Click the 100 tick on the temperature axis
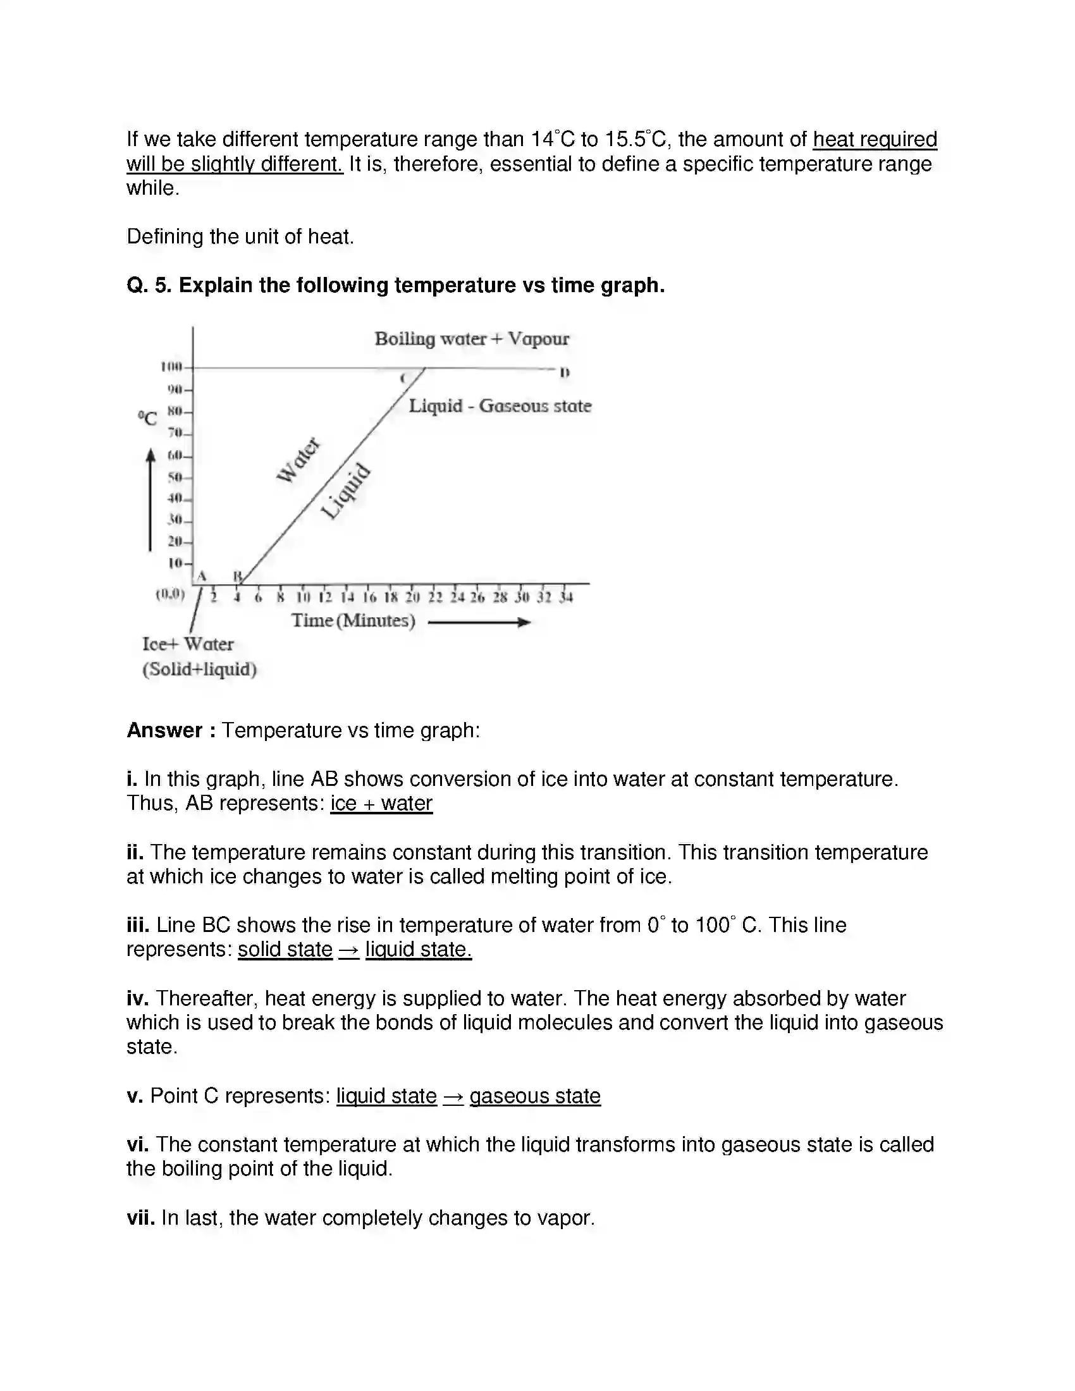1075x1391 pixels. (172, 367)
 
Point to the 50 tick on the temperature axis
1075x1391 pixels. (175, 477)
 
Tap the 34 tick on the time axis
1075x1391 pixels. (565, 597)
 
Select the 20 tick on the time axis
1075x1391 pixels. (413, 597)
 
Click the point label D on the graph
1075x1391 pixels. (564, 372)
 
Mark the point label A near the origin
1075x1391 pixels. (202, 576)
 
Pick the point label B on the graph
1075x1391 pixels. (238, 576)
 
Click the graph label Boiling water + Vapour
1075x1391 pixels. (471, 339)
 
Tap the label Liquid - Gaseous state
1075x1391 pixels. (500, 406)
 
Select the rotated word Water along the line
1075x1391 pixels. (298, 460)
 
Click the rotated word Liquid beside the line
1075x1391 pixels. (345, 491)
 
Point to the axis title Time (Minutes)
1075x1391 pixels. (353, 620)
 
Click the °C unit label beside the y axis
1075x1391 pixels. (147, 419)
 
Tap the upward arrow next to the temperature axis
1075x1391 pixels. (150, 500)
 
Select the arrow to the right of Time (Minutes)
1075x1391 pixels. (479, 622)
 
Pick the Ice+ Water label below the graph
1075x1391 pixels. (188, 644)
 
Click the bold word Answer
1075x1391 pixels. (164, 730)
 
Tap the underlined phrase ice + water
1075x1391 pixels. (381, 803)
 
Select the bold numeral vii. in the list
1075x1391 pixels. (141, 1218)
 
